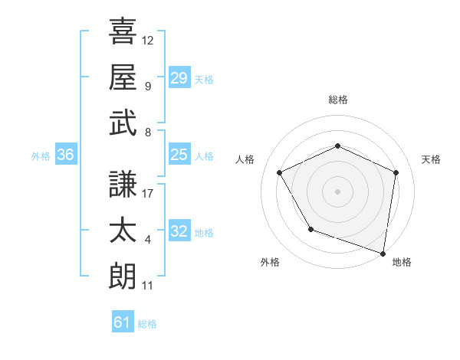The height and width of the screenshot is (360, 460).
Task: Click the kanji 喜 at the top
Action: (122, 31)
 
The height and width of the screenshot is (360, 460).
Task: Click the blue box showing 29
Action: (179, 77)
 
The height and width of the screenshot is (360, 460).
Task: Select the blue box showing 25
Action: (179, 155)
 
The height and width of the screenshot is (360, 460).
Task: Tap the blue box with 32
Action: (179, 231)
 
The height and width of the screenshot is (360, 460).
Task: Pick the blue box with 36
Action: (65, 155)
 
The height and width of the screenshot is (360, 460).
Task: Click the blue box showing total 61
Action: (123, 322)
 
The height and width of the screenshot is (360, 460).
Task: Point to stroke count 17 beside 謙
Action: (149, 194)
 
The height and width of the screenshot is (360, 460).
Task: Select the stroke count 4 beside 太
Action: (147, 240)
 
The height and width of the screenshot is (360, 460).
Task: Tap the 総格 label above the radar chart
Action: (337, 100)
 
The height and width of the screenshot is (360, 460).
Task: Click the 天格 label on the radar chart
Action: (431, 159)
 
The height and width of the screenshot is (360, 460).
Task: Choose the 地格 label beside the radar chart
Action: (402, 262)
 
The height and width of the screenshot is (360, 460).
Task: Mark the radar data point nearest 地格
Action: (383, 252)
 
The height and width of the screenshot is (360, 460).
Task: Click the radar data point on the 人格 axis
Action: (280, 172)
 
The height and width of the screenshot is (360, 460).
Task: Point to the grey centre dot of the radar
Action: (337, 191)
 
